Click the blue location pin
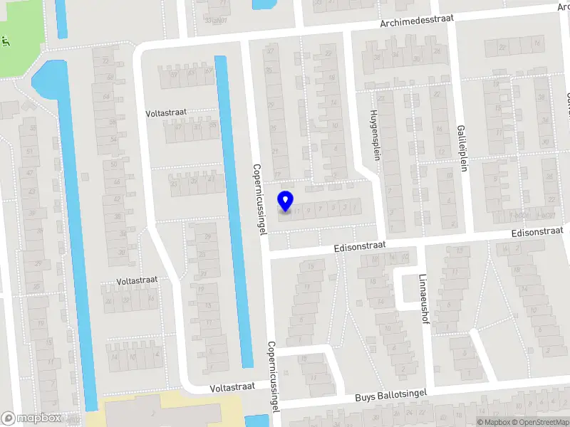point(285,201)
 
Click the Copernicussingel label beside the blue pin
point(258,200)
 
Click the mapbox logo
point(32,418)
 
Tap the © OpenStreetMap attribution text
point(540,422)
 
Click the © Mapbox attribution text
point(493,422)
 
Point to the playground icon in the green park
point(6,41)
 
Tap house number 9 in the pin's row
point(309,209)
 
